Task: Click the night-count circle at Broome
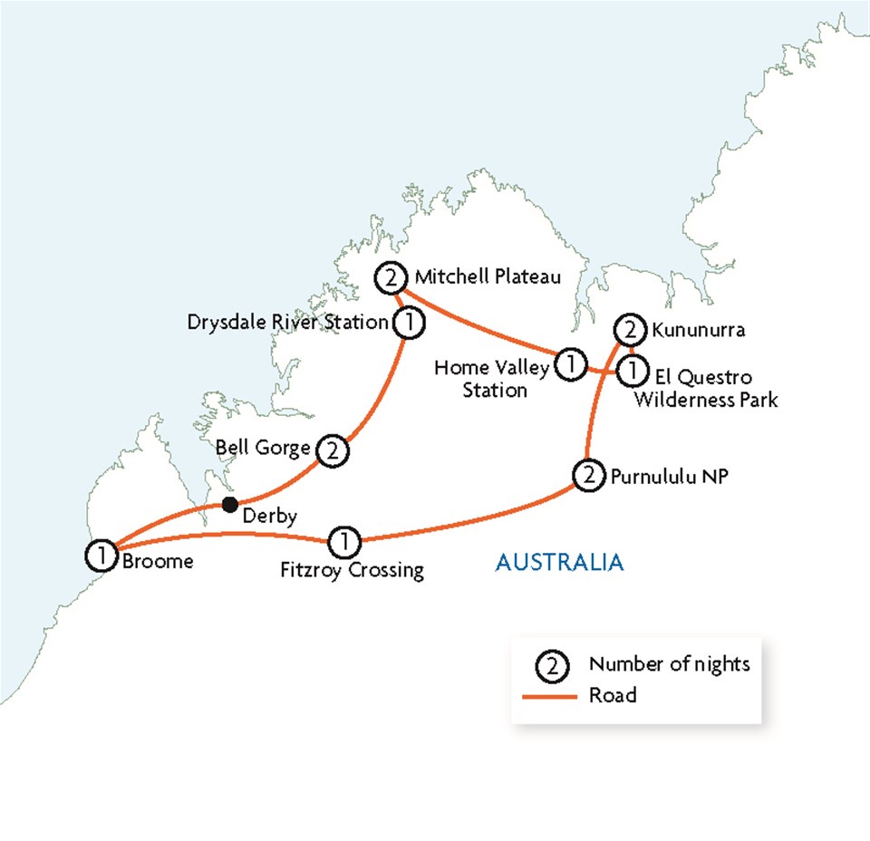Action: pyautogui.click(x=101, y=554)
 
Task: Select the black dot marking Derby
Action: pyautogui.click(x=231, y=504)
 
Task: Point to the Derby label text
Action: pyautogui.click(x=271, y=517)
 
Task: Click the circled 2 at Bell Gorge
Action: pyautogui.click(x=332, y=449)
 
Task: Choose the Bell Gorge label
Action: pyautogui.click(x=264, y=447)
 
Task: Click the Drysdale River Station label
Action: pyautogui.click(x=287, y=322)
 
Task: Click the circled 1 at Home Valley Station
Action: pyautogui.click(x=571, y=364)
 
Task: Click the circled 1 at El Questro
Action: pyautogui.click(x=632, y=370)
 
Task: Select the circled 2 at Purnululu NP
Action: pyautogui.click(x=588, y=475)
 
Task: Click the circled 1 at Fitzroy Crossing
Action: pyautogui.click(x=344, y=542)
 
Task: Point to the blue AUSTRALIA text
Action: pyautogui.click(x=559, y=562)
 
